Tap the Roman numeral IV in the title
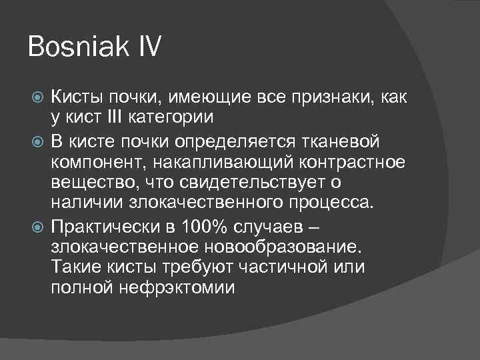[147, 49]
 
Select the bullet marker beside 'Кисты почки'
[39, 99]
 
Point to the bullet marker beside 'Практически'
[39, 224]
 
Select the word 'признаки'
[329, 99]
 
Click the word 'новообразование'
[269, 246]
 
